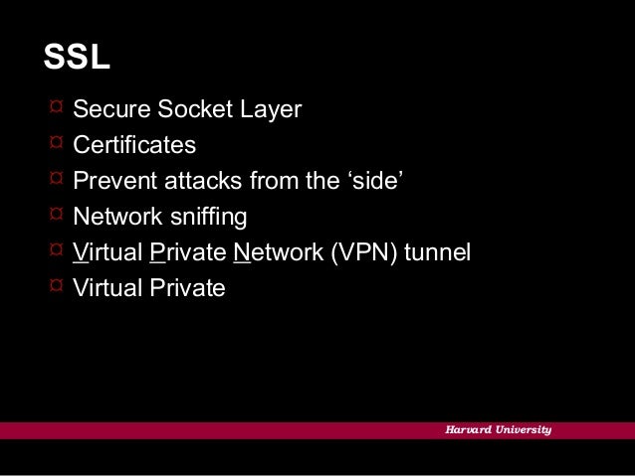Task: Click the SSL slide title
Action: (x=76, y=59)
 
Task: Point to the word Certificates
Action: (x=134, y=145)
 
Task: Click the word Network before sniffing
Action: (x=116, y=216)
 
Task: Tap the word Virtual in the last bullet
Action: (x=106, y=288)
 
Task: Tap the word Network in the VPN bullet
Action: (x=278, y=252)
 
